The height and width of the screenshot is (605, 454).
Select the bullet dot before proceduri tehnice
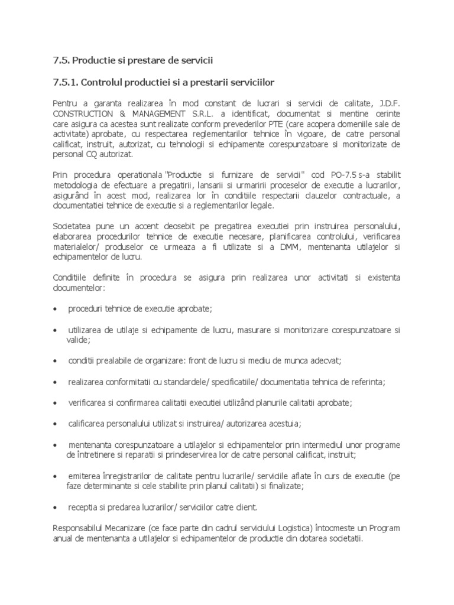[56, 310]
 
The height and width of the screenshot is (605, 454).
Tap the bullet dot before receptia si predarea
[56, 508]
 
